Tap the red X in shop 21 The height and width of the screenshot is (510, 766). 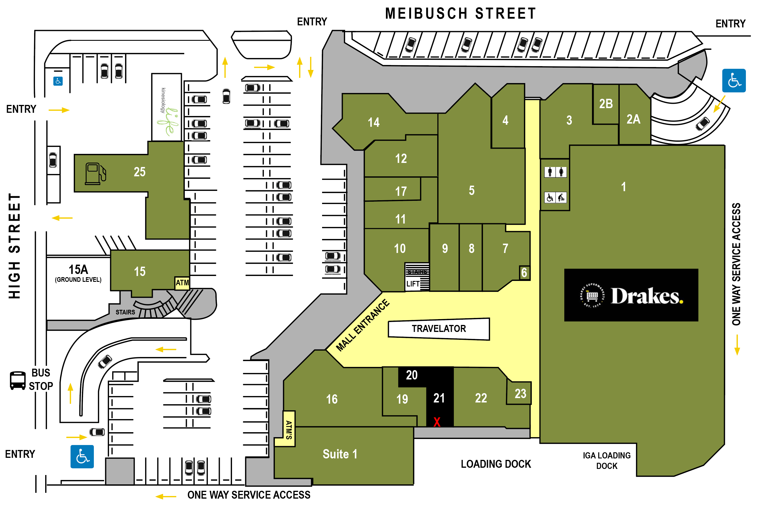pos(437,422)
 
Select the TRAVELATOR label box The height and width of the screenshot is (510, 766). pos(438,328)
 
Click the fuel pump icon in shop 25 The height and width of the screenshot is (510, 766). pos(95,173)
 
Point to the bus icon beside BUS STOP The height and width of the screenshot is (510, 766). pos(17,380)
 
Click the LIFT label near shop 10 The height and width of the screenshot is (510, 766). pos(413,284)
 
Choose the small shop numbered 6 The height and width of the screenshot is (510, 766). pos(524,272)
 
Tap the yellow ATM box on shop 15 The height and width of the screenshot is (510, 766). pos(182,283)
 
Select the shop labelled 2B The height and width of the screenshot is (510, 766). pos(605,104)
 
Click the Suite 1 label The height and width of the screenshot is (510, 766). pos(340,454)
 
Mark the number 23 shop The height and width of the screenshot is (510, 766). pos(520,393)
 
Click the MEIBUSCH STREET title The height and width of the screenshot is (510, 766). pos(460,14)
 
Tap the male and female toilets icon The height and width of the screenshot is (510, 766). pos(555,172)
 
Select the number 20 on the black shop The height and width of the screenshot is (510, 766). pos(412,375)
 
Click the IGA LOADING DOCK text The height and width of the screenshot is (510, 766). pos(606,460)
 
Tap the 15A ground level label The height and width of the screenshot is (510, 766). pos(78,273)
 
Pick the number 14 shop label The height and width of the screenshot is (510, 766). pos(373,122)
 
